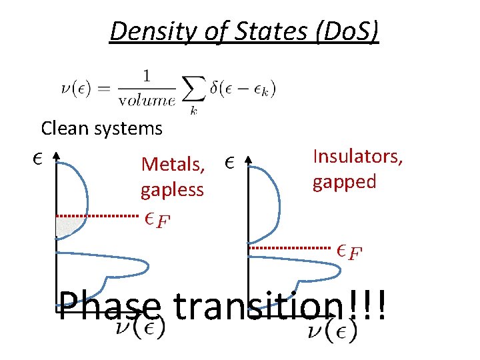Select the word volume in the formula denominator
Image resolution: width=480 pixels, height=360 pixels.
click(147, 101)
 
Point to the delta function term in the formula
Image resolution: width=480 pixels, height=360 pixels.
click(243, 88)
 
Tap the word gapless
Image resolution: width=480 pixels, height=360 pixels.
click(172, 190)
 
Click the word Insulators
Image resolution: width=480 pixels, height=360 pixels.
click(358, 156)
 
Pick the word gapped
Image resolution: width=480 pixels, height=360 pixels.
click(345, 181)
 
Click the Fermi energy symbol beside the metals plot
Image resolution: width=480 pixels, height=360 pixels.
click(157, 219)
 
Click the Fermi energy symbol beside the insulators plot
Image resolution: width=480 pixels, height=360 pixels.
click(349, 251)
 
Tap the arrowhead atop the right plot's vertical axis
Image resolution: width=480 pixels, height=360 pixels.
click(248, 159)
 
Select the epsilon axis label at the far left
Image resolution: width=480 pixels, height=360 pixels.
click(38, 159)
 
